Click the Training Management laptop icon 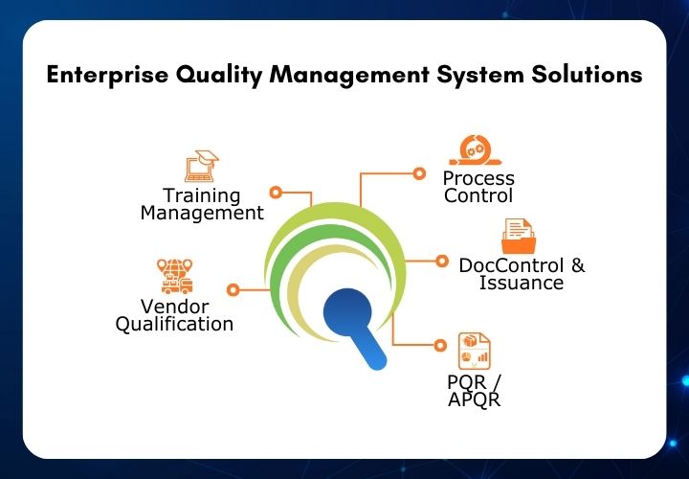coord(200,165)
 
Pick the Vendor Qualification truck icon coord(175,275)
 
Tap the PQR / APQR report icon coord(475,350)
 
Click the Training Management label coord(201,204)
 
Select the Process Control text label coord(478,187)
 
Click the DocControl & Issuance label coord(522,274)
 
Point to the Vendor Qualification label coord(174,315)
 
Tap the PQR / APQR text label coord(474,390)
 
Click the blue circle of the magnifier coord(346,313)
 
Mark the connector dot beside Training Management coord(276,193)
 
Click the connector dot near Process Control coord(418,173)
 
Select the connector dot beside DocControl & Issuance coord(441,261)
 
